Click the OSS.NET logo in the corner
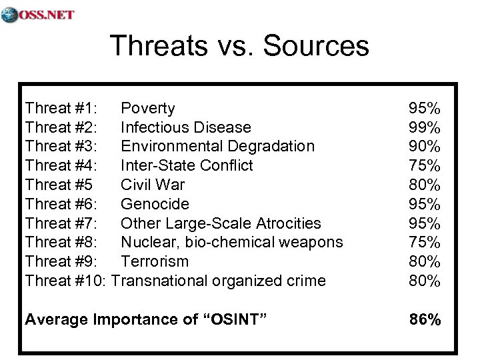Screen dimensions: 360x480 (x=38, y=14)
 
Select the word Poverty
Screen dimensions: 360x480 (x=148, y=108)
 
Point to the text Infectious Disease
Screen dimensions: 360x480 (x=185, y=127)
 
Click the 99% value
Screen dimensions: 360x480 (x=424, y=127)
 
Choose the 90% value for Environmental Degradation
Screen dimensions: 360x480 (x=424, y=146)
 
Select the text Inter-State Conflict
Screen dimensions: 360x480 (x=187, y=165)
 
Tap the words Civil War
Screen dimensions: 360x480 (x=153, y=185)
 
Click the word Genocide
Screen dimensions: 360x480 (x=155, y=204)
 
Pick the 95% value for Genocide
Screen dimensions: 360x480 (x=424, y=204)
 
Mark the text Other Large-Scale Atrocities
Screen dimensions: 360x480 (x=221, y=223)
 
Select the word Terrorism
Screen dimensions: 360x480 (x=155, y=261)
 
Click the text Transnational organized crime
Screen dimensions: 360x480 (x=219, y=281)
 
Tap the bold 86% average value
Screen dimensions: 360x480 (x=424, y=320)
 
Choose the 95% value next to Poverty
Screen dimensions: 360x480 (x=424, y=108)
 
